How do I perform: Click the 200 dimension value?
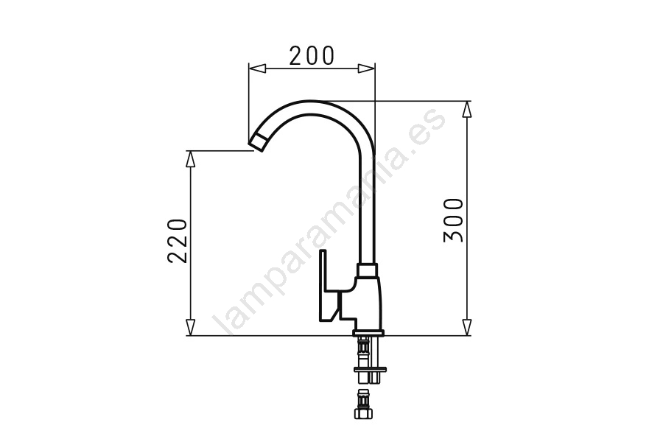coord(312,56)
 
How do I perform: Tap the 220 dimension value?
coord(178,241)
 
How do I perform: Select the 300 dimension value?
coord(454,220)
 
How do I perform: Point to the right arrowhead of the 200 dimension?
coord(366,68)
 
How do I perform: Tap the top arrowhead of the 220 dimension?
coord(191,159)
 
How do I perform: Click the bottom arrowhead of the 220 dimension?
coord(191,327)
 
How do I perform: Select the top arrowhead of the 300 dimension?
coord(466,110)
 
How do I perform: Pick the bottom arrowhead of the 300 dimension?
coord(466,327)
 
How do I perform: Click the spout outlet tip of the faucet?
coord(258,142)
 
